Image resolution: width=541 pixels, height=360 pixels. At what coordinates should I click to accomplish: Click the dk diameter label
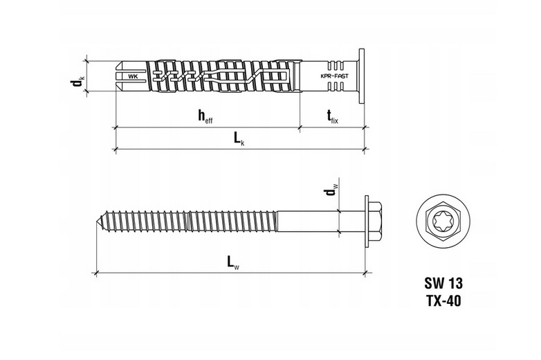click(x=77, y=83)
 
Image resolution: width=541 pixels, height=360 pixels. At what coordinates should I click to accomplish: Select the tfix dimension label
click(x=333, y=117)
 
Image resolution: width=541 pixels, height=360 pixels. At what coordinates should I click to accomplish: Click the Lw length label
click(x=233, y=262)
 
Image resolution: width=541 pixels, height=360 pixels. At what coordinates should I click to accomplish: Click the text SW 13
click(x=443, y=283)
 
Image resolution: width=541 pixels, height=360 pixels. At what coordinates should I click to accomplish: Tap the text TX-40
click(x=443, y=301)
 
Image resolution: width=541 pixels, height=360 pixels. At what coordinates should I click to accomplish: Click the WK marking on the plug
click(x=133, y=77)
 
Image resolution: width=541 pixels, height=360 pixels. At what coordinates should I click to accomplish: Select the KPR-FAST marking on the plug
click(x=334, y=77)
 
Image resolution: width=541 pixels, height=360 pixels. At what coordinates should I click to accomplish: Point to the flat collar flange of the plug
click(x=362, y=76)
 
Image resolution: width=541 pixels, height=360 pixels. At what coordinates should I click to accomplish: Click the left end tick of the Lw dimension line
click(x=96, y=273)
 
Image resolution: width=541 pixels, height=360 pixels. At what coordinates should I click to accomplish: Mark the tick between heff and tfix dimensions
click(x=300, y=127)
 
